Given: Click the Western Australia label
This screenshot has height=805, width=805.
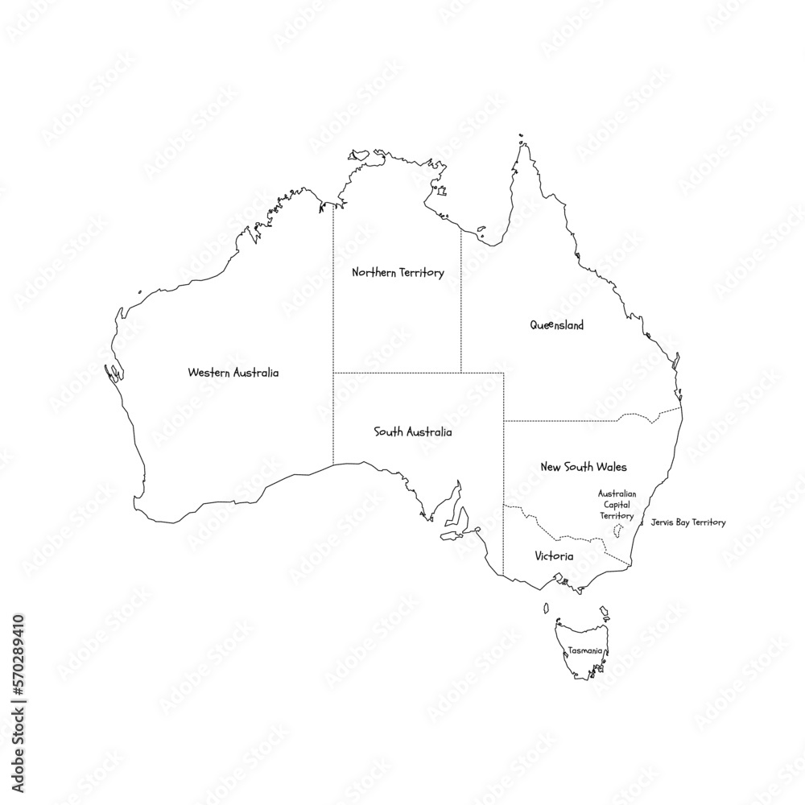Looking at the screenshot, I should (x=233, y=373).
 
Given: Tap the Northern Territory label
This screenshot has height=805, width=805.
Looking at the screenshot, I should (x=398, y=273).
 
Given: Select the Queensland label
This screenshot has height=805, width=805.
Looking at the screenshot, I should (x=556, y=325).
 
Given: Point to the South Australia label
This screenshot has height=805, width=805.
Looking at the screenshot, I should (x=413, y=432).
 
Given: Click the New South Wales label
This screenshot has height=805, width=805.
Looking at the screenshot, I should (x=584, y=467).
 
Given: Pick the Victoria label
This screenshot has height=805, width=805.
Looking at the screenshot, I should (x=554, y=556).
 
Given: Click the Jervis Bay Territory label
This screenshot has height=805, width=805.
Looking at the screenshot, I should (x=687, y=522).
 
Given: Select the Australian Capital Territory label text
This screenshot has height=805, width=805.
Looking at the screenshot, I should (x=617, y=504).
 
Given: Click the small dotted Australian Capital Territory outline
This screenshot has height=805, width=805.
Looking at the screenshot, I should (x=618, y=530).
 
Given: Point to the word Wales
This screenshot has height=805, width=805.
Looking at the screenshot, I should (x=611, y=467).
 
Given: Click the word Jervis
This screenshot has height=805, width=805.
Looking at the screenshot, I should (x=663, y=522).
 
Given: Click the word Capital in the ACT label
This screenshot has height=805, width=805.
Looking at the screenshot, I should (x=617, y=504).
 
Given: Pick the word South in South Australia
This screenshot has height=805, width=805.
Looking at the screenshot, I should (x=388, y=432).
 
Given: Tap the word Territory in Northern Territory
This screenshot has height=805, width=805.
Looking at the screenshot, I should (x=422, y=273).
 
